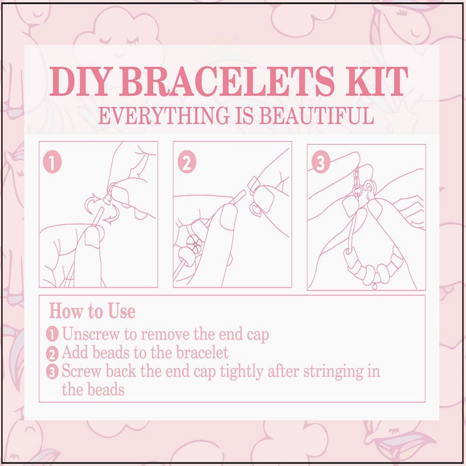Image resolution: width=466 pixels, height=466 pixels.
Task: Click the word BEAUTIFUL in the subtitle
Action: click(317, 116)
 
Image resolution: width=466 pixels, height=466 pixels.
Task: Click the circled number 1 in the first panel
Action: click(52, 163)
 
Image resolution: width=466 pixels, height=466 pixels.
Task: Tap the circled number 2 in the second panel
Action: click(186, 163)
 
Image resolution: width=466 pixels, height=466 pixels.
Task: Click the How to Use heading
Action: click(92, 311)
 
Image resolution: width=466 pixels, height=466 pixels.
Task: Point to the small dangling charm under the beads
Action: click(374, 286)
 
